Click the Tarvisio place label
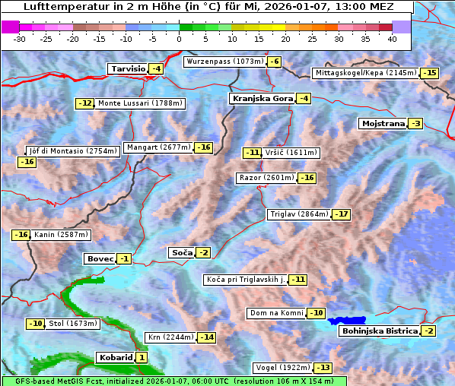[x=128, y=69]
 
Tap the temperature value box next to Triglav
[x=342, y=214]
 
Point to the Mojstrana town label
[x=383, y=124]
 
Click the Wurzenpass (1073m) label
[x=224, y=62]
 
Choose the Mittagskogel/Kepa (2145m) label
[x=366, y=73]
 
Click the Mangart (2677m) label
[x=158, y=147]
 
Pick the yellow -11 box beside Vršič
[x=252, y=153]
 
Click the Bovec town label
[x=100, y=259]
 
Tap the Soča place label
[x=182, y=252]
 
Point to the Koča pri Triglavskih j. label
[x=245, y=280]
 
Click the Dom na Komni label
[x=276, y=313]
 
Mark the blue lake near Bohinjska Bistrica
[x=347, y=321]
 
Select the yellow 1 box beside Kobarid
[x=142, y=358]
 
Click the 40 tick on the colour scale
[x=392, y=39]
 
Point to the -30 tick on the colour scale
[x=20, y=39]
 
